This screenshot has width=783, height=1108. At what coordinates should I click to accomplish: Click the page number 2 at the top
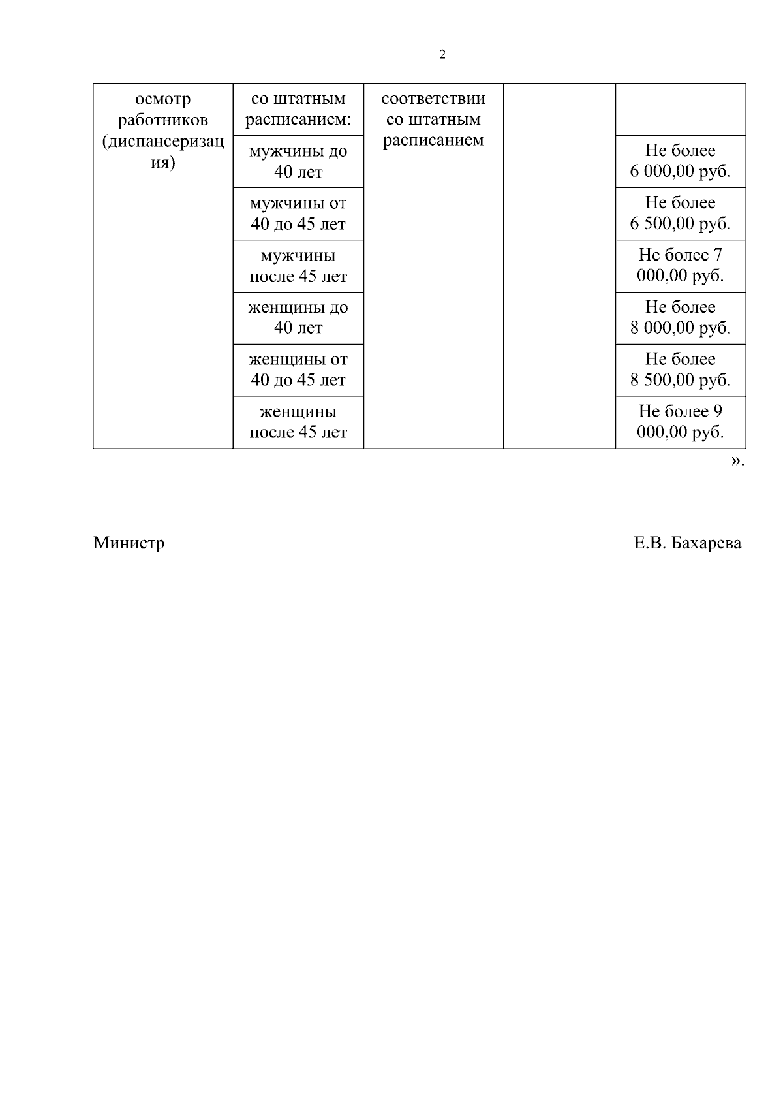443,55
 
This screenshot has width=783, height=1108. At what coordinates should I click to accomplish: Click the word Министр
129,543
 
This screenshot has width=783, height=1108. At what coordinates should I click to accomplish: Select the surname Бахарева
706,543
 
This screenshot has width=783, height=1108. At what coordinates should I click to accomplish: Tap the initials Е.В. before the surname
649,543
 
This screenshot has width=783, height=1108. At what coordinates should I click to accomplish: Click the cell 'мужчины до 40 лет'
298,162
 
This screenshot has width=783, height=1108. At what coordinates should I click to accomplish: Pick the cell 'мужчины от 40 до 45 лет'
298,214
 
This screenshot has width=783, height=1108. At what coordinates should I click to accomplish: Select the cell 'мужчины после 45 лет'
298,266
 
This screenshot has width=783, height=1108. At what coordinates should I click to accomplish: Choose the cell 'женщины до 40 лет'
298,318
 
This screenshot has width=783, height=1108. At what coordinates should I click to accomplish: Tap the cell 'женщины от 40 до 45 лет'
298,370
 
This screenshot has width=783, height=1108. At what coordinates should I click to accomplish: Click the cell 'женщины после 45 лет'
298,422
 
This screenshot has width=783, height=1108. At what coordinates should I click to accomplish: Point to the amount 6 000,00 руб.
680,172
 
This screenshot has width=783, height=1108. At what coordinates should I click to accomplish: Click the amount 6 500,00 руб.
680,225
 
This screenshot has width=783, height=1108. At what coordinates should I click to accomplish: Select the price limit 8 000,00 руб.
680,328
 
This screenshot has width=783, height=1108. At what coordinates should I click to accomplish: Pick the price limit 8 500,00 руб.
680,381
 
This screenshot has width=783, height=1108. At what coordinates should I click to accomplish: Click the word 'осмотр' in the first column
163,100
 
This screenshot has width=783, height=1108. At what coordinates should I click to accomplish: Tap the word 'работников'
163,121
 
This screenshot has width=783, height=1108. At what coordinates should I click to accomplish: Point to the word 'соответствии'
433,99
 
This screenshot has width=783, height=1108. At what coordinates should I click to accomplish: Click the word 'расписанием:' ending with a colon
298,121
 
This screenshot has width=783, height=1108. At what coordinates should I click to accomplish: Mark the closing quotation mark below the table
736,462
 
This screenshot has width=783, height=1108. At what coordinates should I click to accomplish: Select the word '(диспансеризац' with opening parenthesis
163,142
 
